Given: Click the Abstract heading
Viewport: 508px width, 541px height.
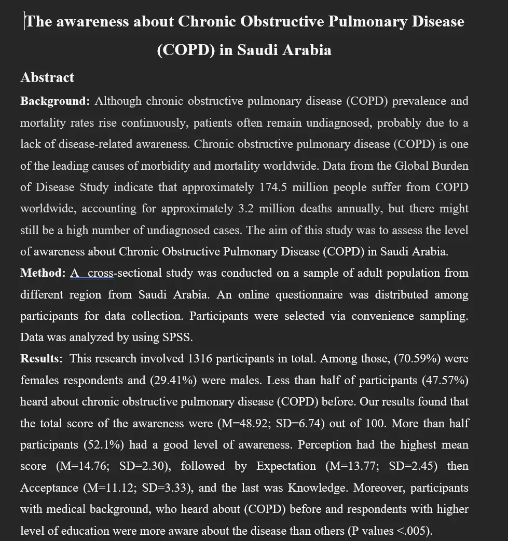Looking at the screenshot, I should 47,78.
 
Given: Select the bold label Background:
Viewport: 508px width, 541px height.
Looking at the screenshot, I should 55,101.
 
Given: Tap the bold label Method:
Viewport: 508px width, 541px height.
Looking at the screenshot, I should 43,273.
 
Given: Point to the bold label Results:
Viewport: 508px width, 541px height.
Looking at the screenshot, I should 42,359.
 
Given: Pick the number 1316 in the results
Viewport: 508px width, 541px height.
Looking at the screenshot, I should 200,359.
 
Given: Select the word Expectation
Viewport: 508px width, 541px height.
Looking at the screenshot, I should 286,466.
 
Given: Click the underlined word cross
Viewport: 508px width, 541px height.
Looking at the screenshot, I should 101,273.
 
